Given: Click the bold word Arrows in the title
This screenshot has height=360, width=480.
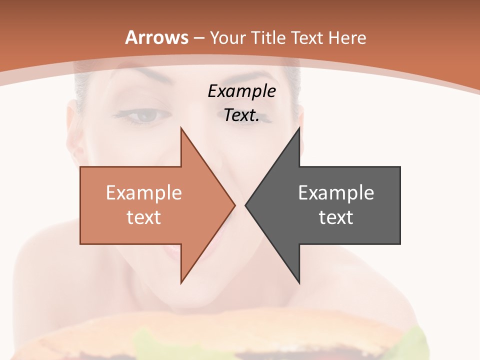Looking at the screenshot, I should point(156,37).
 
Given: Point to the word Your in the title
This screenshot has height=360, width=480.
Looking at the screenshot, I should point(227,37).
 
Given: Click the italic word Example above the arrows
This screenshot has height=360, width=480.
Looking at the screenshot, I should point(241,91).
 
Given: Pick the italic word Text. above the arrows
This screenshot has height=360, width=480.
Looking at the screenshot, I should point(241,115).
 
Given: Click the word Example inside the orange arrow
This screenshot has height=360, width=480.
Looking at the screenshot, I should point(144,192).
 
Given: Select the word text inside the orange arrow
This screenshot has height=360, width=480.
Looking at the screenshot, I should point(144,217).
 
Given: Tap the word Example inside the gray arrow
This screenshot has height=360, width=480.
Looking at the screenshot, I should point(336,192).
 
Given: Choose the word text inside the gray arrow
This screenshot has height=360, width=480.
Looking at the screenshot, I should point(336,217).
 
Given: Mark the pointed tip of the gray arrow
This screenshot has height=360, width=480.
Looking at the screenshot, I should point(246,205).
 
